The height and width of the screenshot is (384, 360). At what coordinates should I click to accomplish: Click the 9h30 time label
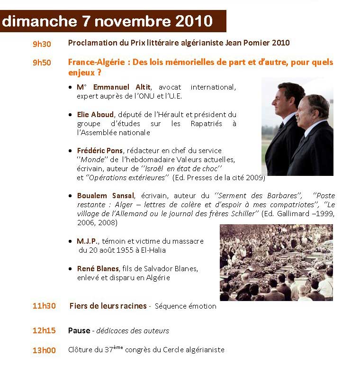pos(42,44)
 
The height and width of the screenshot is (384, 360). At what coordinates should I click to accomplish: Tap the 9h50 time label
pos(42,63)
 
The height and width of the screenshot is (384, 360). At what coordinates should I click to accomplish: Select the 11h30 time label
pos(44,306)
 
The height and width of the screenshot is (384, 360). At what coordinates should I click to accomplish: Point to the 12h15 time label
pos(44,330)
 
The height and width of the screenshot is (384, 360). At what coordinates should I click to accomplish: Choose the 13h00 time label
pos(44,350)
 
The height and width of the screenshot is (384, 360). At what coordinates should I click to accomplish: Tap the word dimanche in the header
pos(39,21)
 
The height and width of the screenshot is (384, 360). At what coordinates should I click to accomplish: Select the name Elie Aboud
pos(95,114)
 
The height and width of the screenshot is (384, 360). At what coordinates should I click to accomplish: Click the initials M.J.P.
pos(87,241)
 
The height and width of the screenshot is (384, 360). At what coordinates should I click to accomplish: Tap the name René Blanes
pos(98,268)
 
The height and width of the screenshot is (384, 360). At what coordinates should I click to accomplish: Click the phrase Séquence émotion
pos(185,306)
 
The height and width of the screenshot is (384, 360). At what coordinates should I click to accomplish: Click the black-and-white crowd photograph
pos(276,262)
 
